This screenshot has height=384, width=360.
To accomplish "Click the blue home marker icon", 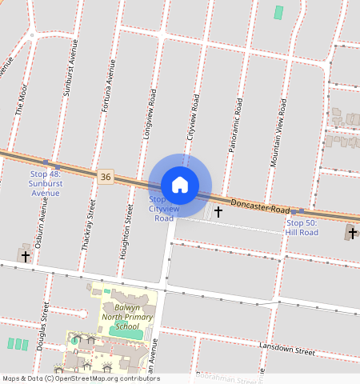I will (x=180, y=184).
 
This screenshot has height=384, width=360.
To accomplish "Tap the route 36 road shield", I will (x=106, y=176).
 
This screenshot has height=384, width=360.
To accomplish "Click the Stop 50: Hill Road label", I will (x=302, y=227).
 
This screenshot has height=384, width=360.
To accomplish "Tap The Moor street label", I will (x=22, y=95).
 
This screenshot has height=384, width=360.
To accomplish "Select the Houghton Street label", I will (x=126, y=232).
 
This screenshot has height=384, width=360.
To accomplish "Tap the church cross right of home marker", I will (x=218, y=212).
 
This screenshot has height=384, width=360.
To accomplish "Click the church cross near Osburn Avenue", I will (x=26, y=257).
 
